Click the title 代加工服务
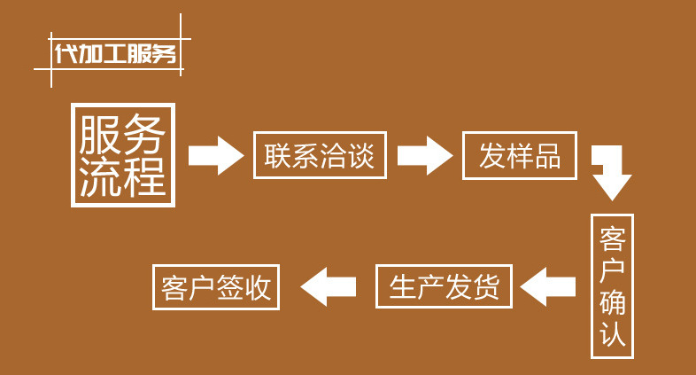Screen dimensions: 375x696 [115, 53]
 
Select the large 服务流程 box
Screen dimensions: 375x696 [123, 155]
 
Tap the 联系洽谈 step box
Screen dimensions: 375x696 [320, 155]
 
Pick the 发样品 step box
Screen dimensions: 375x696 [520, 155]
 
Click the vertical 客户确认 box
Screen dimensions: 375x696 [613, 285]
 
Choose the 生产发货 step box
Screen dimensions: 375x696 [445, 286]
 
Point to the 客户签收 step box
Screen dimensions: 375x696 [217, 286]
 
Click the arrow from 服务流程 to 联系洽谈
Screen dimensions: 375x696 [215, 156]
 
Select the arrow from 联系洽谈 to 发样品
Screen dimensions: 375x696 [424, 156]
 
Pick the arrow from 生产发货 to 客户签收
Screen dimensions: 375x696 [329, 286]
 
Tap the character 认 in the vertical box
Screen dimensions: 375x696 [613, 334]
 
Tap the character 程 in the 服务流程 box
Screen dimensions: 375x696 [146, 177]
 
